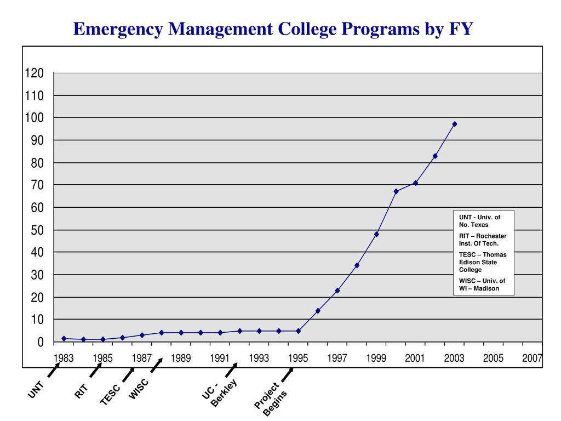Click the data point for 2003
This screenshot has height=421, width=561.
click(454, 124)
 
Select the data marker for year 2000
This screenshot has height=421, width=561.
click(396, 191)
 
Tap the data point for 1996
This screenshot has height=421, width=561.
click(318, 311)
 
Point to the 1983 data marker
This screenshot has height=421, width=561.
click(64, 338)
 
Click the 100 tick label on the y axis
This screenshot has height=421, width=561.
click(34, 118)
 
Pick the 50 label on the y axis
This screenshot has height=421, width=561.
click(37, 230)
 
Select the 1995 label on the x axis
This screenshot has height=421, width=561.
click(298, 358)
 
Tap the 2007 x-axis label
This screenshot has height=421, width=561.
click(532, 358)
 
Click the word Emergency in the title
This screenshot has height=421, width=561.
click(118, 29)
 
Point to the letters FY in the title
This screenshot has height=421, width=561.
click(461, 29)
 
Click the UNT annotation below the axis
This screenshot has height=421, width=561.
click(36, 390)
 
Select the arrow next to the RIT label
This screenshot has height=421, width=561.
click(95, 370)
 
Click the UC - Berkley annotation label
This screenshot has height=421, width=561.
click(219, 392)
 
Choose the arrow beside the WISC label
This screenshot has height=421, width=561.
click(157, 365)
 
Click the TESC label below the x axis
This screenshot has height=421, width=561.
click(110, 395)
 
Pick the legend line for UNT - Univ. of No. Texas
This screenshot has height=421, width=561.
click(479, 221)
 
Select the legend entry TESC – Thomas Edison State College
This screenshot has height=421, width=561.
click(483, 262)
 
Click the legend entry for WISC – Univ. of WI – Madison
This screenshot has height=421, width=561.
click(482, 285)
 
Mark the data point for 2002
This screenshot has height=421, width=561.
click(434, 156)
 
